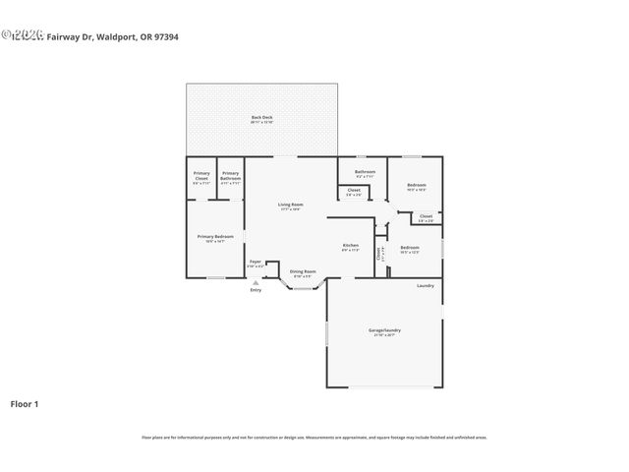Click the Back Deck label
(261, 118)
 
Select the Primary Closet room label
(200, 174)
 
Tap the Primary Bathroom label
(230, 175)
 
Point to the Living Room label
(290, 205)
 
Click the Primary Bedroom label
(215, 236)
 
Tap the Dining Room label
(303, 271)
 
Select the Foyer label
(255, 263)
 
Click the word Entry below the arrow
(256, 290)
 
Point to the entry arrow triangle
(256, 281)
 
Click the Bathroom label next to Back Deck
(365, 171)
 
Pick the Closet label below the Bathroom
(354, 190)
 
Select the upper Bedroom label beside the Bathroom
(417, 184)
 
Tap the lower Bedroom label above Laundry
(409, 247)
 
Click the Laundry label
(425, 285)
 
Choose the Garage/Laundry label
(384, 330)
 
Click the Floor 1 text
(25, 404)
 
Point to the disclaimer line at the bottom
(314, 438)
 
